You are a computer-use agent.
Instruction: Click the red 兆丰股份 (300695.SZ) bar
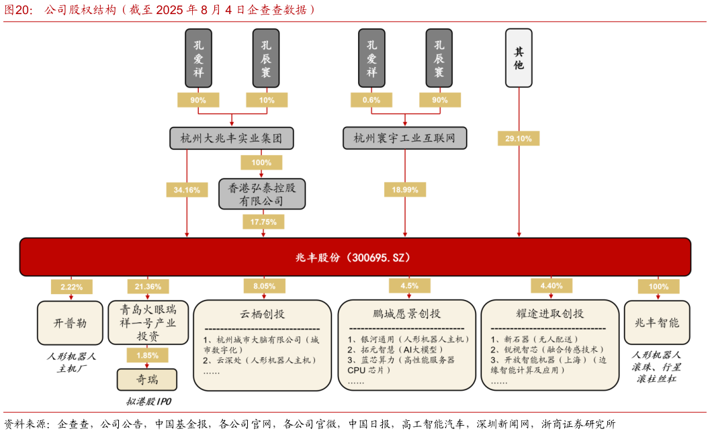[355, 257]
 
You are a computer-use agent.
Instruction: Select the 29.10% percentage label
[518, 139]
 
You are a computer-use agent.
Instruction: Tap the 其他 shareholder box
[519, 58]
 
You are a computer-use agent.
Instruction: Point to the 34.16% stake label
[187, 190]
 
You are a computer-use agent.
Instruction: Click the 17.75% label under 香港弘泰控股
[263, 222]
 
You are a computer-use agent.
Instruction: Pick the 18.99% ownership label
[404, 190]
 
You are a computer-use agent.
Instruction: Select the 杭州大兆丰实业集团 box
[232, 138]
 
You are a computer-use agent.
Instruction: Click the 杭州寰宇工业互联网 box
[404, 138]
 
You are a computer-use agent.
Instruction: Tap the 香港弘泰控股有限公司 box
[262, 194]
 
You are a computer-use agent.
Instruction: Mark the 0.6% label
[371, 100]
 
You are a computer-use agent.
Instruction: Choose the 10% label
[267, 100]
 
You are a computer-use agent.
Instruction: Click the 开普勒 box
[70, 323]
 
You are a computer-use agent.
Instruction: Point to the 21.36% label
[148, 287]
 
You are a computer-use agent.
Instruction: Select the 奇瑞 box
[147, 379]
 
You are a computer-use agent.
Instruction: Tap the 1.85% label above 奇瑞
[147, 355]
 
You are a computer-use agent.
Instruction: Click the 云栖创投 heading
[262, 314]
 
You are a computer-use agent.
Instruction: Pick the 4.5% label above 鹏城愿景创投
[409, 285]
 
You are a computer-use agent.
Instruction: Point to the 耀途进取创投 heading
[549, 314]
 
